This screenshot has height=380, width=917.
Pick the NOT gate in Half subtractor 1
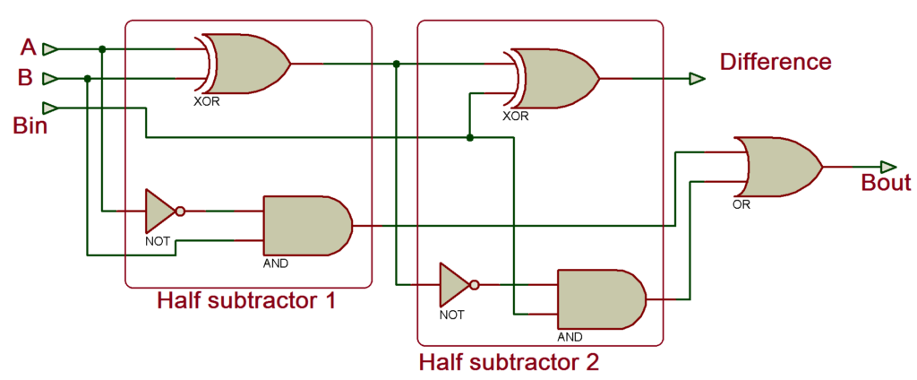pyautogui.click(x=164, y=212)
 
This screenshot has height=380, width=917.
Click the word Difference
pyautogui.click(x=776, y=62)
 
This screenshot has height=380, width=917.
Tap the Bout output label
pyautogui.click(x=885, y=184)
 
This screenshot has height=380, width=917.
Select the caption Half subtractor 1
pyautogui.click(x=246, y=300)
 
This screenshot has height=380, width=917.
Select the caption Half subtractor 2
pyautogui.click(x=509, y=363)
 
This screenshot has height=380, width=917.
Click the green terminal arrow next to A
pyautogui.click(x=51, y=48)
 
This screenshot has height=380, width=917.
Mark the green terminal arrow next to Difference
pyautogui.click(x=697, y=79)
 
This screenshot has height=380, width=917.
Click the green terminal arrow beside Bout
pyautogui.click(x=887, y=167)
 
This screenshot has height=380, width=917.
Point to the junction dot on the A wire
pyautogui.click(x=103, y=48)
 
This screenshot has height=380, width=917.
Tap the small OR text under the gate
pyautogui.click(x=741, y=204)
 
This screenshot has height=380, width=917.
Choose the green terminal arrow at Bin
pyautogui.click(x=51, y=108)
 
